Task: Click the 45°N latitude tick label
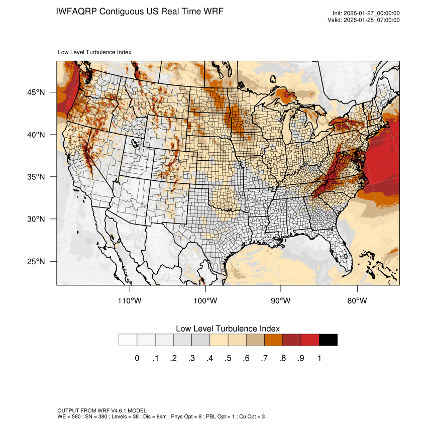point(36,92)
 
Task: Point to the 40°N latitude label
point(36,135)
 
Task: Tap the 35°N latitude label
point(36,177)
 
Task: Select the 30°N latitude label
point(36,219)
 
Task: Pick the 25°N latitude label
point(36,261)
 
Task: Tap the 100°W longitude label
point(205,301)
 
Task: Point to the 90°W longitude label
point(281,301)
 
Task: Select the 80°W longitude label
point(357,301)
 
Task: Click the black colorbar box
point(328,340)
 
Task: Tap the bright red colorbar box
point(310,340)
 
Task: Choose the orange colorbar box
point(274,340)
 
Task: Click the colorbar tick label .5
point(228,358)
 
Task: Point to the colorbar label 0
point(137,358)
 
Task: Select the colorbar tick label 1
point(319,358)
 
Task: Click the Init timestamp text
point(366,13)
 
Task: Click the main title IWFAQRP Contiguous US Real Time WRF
point(140,11)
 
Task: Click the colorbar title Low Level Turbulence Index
point(228,329)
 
